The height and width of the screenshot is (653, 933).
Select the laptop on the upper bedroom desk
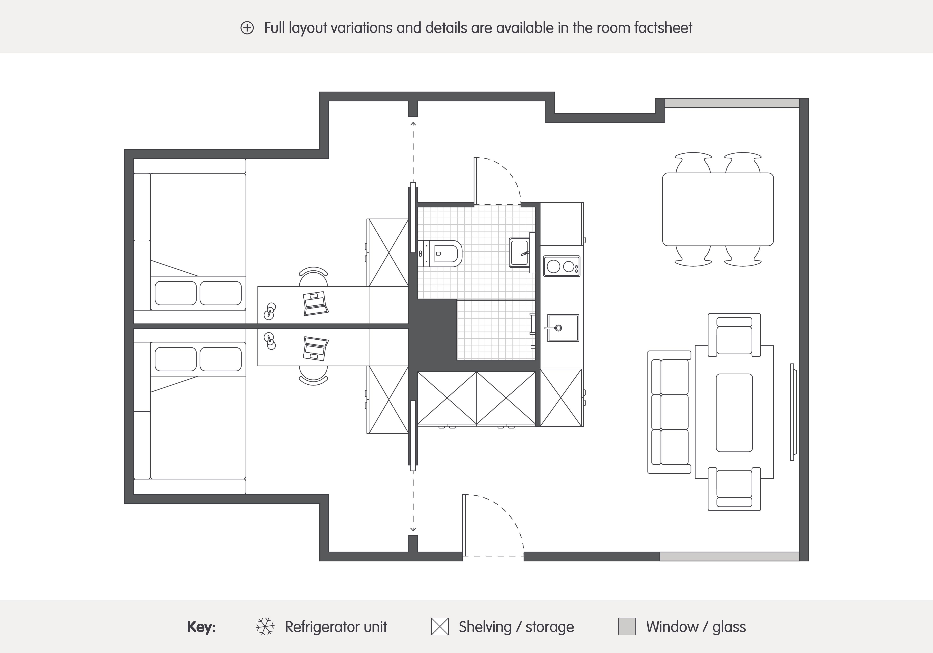[x=316, y=303]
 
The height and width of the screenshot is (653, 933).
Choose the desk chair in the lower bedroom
[x=313, y=375]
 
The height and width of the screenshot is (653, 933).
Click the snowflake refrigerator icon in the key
[x=265, y=627]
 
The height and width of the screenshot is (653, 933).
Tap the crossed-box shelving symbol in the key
[x=440, y=627]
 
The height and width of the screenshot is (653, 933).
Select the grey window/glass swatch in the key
[x=627, y=627]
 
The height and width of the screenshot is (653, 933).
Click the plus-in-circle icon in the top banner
[x=247, y=28]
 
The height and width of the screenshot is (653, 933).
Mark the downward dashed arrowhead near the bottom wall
[x=413, y=529]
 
